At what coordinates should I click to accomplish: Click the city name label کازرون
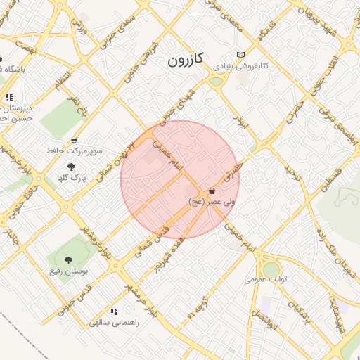tap(185, 60)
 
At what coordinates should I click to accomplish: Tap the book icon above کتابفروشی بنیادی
tap(241, 55)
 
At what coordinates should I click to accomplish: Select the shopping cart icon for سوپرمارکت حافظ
tap(74, 141)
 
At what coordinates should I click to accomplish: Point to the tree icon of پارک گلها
tap(71, 167)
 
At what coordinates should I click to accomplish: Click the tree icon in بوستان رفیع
tap(68, 260)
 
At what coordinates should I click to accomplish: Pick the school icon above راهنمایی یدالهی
tap(114, 311)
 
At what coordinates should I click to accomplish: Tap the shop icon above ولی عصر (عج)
tap(212, 191)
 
